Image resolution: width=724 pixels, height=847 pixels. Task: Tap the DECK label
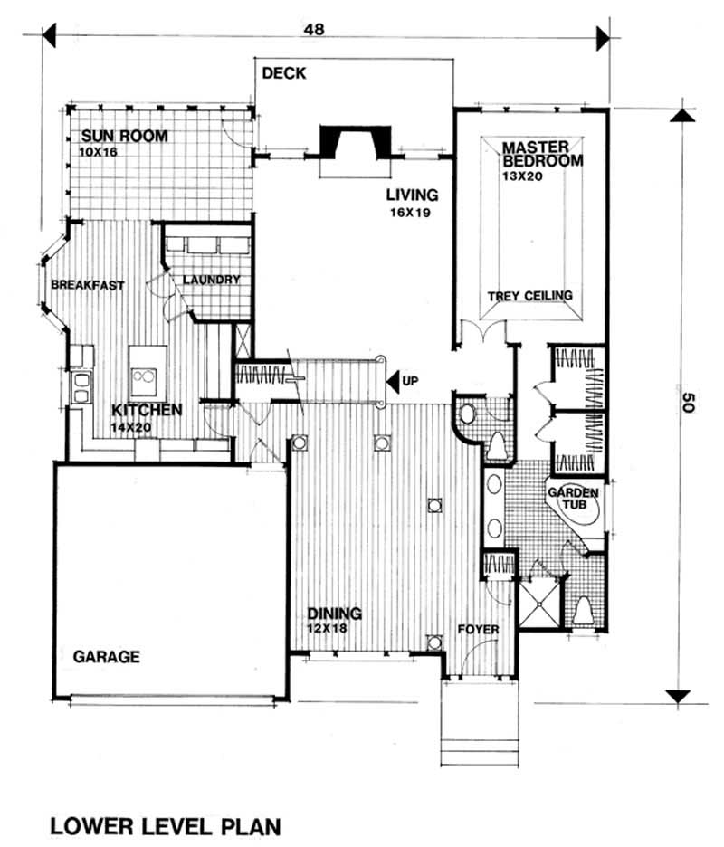[x=284, y=74]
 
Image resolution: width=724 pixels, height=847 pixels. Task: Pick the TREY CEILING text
[x=529, y=296]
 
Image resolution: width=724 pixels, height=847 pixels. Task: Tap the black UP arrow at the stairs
[x=393, y=381]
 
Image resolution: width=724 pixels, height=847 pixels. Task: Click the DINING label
[x=332, y=614]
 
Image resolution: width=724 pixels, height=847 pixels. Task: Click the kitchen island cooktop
[x=144, y=375]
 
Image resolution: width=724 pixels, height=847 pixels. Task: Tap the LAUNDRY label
[x=211, y=280]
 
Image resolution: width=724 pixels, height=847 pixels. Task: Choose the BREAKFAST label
[x=88, y=285]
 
